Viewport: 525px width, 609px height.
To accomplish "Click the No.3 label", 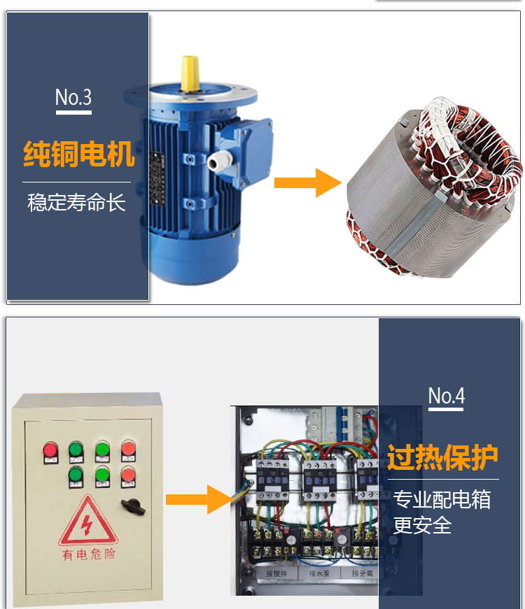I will tap(73, 97).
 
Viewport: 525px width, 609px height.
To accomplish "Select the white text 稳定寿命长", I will tap(76, 203).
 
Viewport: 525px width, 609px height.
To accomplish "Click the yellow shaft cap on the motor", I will tap(189, 73).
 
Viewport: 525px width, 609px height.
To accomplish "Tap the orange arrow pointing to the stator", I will tap(306, 182).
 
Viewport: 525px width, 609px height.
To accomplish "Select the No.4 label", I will tap(446, 396).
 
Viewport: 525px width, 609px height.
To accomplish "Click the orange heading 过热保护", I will tap(442, 457).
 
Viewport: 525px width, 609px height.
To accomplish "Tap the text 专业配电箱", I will tap(442, 500).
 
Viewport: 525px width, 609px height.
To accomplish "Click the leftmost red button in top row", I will tap(50, 449).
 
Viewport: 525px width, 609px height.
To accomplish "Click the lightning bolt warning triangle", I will tap(87, 521).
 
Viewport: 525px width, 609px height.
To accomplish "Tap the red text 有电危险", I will tap(87, 554).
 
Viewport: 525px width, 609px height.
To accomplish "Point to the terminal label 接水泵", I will tap(322, 573).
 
